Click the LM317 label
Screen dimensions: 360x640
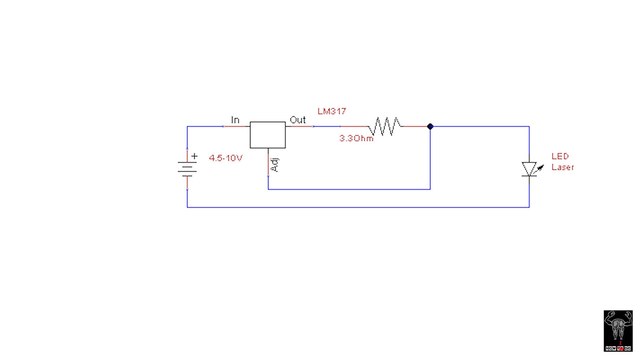[332, 111]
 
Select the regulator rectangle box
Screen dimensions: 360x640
[268, 135]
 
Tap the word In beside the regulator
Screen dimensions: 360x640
[235, 120]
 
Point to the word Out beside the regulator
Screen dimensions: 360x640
[297, 120]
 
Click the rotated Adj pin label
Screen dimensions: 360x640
[275, 165]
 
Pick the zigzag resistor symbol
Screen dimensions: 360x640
[385, 126]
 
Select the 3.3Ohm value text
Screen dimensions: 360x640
[356, 139]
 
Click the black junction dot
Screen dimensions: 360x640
[430, 127]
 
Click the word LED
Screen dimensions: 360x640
[560, 156]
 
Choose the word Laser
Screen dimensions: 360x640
[562, 167]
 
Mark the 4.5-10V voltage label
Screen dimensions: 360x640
[225, 158]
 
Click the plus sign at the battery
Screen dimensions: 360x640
[194, 156]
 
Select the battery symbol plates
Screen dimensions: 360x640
[187, 169]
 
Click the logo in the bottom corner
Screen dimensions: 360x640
[618, 330]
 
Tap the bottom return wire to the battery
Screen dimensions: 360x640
[358, 207]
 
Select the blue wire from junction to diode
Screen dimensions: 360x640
[480, 127]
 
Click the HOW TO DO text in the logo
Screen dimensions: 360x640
[618, 348]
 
